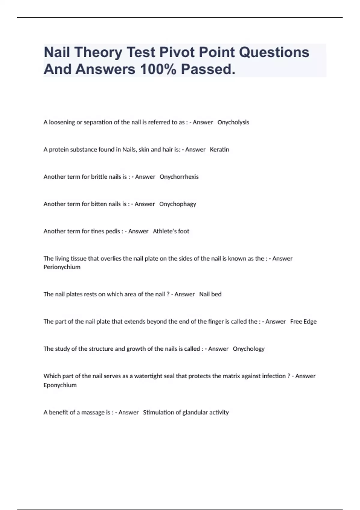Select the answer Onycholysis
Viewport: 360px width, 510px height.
click(x=233, y=122)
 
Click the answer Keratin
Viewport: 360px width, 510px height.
click(x=219, y=150)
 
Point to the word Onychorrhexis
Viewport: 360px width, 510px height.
click(x=179, y=177)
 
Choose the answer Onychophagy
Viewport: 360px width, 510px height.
click(x=177, y=204)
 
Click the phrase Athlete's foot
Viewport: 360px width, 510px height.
click(x=171, y=231)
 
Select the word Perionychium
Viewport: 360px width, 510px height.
click(x=62, y=267)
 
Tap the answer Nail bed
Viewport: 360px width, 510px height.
click(x=210, y=294)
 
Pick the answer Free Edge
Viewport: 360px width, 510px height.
click(x=303, y=322)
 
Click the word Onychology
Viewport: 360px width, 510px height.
click(x=249, y=349)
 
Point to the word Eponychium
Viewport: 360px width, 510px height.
click(x=60, y=385)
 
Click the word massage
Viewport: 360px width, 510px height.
click(x=93, y=412)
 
